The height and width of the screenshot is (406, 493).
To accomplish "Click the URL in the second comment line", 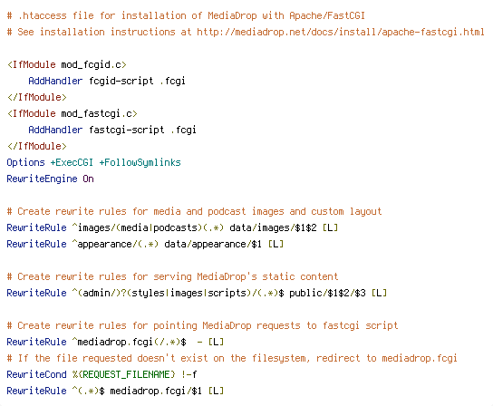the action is click(x=341, y=32).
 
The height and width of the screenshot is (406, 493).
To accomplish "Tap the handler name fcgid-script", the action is click(x=121, y=82).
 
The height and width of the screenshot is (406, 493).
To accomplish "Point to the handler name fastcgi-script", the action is click(x=126, y=130).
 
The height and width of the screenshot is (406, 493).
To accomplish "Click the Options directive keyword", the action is click(x=25, y=162).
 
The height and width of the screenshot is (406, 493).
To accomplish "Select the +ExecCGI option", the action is click(x=72, y=162).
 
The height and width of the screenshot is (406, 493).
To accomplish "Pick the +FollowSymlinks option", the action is click(x=140, y=162).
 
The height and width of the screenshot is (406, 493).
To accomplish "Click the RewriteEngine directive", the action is click(x=42, y=179).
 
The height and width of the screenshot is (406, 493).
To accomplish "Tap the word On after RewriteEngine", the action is click(x=88, y=179).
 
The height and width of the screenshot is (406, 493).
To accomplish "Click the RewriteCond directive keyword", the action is click(x=36, y=374).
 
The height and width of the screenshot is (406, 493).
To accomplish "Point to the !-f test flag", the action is click(x=189, y=374).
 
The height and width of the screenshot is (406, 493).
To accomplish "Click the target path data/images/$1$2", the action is click(x=273, y=227).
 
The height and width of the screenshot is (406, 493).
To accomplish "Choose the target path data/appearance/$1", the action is click(x=213, y=244).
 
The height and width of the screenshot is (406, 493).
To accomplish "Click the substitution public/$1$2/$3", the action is click(x=327, y=293).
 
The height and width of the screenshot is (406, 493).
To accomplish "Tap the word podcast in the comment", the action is click(x=227, y=212).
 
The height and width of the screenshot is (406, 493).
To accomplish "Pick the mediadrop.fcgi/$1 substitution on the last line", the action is click(x=156, y=391).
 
